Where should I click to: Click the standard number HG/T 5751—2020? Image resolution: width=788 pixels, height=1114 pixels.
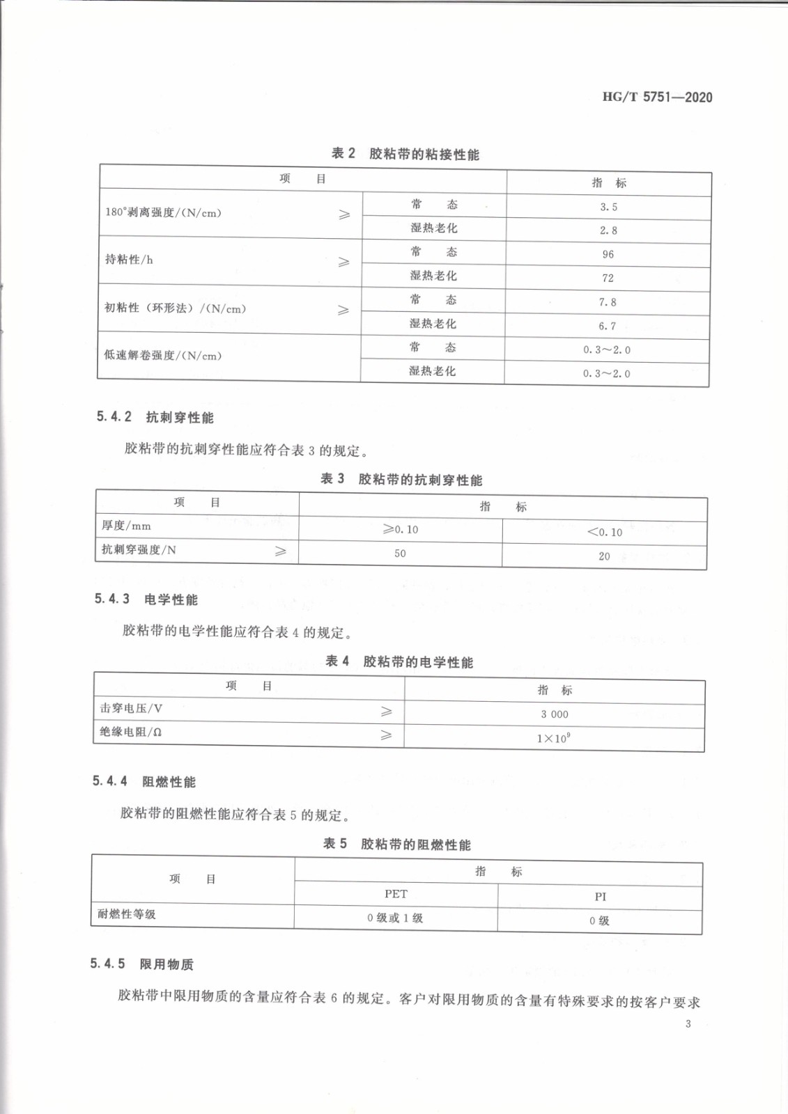coord(657,97)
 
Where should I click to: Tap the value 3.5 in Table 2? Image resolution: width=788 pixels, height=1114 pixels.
coord(608,207)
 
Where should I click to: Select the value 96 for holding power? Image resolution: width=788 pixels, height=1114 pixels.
coord(608,254)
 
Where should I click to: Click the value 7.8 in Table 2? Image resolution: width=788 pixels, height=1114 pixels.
coord(608,302)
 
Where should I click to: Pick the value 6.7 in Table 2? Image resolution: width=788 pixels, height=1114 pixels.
coord(607,326)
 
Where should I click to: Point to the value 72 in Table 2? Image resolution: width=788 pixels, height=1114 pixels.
coord(608,278)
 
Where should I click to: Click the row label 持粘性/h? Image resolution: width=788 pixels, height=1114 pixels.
coord(129,260)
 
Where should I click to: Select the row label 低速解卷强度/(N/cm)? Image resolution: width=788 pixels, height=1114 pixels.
coord(163,355)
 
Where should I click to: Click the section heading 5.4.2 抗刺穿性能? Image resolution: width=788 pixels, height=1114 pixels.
coord(155,417)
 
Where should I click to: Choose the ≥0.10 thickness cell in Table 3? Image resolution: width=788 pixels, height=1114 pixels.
coord(401,529)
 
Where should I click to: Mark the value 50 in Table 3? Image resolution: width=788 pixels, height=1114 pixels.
coord(400,554)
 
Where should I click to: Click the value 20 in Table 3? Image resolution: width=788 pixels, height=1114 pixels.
coord(604,556)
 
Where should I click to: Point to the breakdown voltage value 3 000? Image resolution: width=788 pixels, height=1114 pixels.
coord(555,714)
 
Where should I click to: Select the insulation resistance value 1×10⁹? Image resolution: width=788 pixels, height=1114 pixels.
coord(553,738)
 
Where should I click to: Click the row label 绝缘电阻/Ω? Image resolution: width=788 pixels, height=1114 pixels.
coord(131,732)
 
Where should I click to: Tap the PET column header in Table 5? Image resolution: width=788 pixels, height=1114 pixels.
coord(396,894)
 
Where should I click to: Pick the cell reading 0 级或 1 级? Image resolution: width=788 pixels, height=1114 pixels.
coord(395,918)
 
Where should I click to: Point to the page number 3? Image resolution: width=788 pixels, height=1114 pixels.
coord(688,1023)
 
